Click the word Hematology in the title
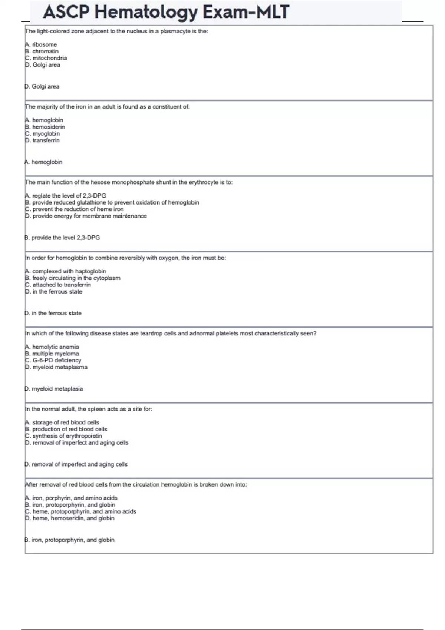click(x=145, y=12)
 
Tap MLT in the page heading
click(x=273, y=12)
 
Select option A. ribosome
click(x=41, y=44)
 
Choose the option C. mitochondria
click(x=46, y=58)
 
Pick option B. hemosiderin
click(x=45, y=127)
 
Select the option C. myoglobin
click(x=42, y=134)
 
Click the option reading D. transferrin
click(x=42, y=140)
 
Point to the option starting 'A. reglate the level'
click(x=66, y=196)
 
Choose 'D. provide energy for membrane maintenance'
click(x=86, y=216)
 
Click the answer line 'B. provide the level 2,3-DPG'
click(x=62, y=238)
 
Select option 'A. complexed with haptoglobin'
click(x=66, y=271)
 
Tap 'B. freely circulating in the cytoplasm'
click(x=73, y=278)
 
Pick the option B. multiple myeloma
click(x=52, y=354)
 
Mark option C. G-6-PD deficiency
click(x=53, y=360)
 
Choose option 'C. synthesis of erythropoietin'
click(x=63, y=436)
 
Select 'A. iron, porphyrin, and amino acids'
click(x=71, y=498)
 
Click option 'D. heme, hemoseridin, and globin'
click(x=70, y=518)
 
